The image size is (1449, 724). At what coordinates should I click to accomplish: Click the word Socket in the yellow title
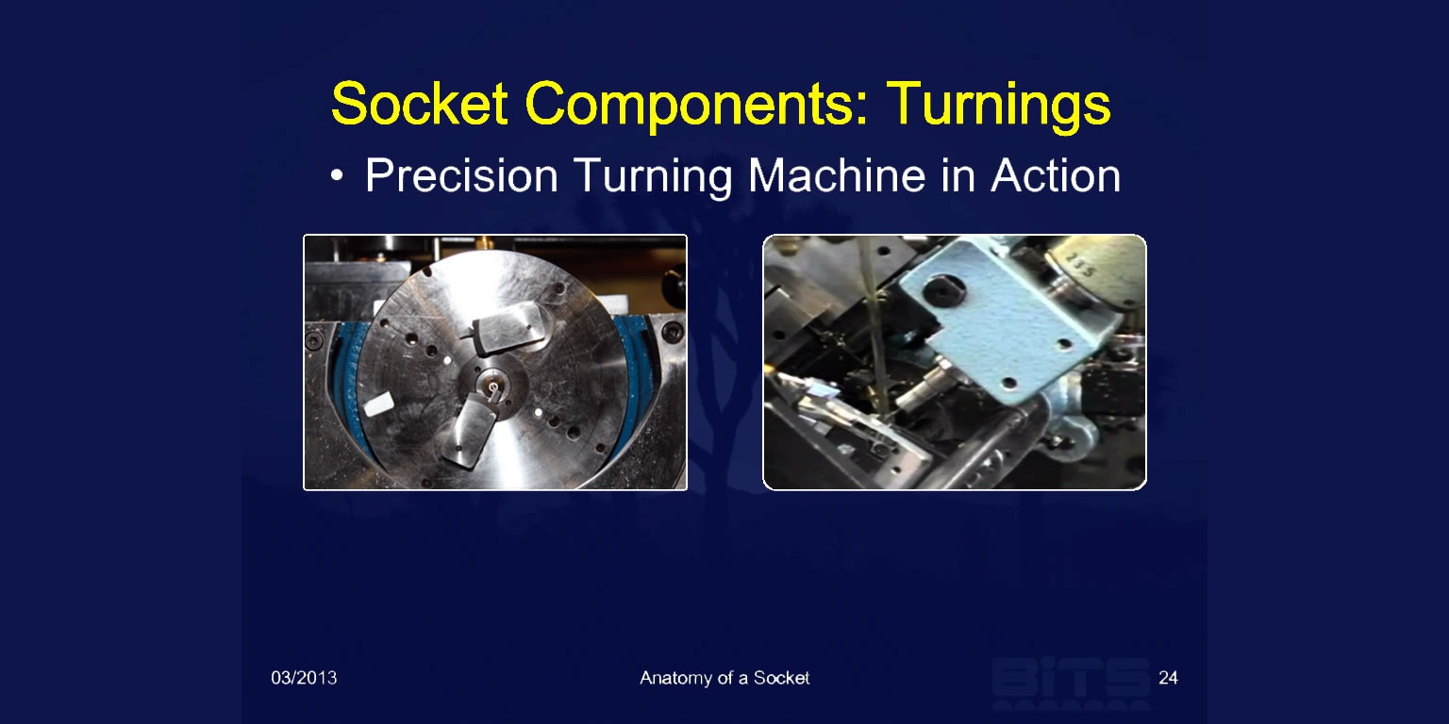coord(419,104)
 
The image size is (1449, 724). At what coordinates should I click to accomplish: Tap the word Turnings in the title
coord(999,105)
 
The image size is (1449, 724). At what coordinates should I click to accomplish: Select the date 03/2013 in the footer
coord(304,678)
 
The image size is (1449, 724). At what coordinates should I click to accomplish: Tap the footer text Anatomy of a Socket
coord(724,678)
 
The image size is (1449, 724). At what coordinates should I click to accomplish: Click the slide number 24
coord(1168,678)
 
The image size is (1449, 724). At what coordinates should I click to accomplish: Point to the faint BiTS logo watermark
coord(1071,683)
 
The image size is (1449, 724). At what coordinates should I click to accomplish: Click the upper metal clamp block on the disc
coord(508,329)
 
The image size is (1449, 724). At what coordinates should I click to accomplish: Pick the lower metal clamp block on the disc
coord(471,432)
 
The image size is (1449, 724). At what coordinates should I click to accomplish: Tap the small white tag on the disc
coord(377,404)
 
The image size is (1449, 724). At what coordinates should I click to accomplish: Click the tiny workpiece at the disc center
coord(493,387)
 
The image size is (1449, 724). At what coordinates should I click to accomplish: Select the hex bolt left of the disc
coord(314,340)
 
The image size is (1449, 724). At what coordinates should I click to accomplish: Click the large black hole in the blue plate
coord(943,290)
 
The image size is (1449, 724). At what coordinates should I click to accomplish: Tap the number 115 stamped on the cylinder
coord(1081,265)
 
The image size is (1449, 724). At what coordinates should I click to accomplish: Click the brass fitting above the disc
coord(481,242)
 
